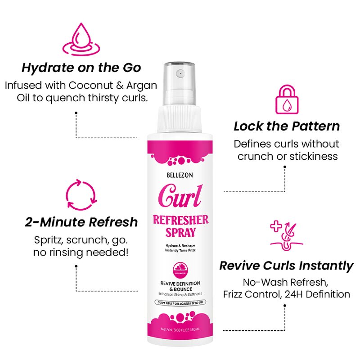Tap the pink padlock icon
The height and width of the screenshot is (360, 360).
point(286,99)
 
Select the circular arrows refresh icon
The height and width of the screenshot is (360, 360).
point(81,195)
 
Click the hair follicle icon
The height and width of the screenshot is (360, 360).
point(286,234)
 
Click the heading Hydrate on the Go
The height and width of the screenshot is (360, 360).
point(81,68)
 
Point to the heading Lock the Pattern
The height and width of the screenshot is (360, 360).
point(287,126)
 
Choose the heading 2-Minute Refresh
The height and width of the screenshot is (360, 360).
point(81,222)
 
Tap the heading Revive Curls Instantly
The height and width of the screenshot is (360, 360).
point(286,265)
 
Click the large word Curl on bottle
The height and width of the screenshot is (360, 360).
point(180,197)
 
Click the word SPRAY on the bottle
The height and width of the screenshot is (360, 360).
point(180,233)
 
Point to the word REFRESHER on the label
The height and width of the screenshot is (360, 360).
point(180,220)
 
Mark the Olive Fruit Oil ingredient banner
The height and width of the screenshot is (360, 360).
point(180,304)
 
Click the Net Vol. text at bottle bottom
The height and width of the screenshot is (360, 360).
point(180,330)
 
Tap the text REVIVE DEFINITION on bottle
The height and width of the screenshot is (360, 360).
point(180,283)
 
